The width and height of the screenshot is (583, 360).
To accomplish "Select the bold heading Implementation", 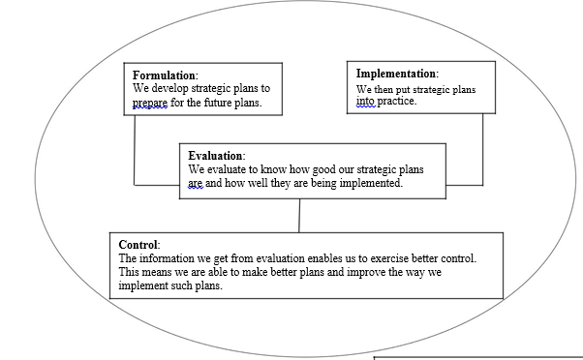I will tap(396, 74).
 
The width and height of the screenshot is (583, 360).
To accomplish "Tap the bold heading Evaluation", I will tap(216, 156).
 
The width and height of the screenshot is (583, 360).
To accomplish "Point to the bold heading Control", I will tap(138, 245).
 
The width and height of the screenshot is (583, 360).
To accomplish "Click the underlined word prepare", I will tap(150, 103).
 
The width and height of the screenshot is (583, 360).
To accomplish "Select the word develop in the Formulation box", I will tap(173, 89).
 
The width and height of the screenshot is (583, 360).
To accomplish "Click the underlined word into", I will tap(365, 102).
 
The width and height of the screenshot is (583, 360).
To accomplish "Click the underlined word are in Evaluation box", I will tap(197, 183).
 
